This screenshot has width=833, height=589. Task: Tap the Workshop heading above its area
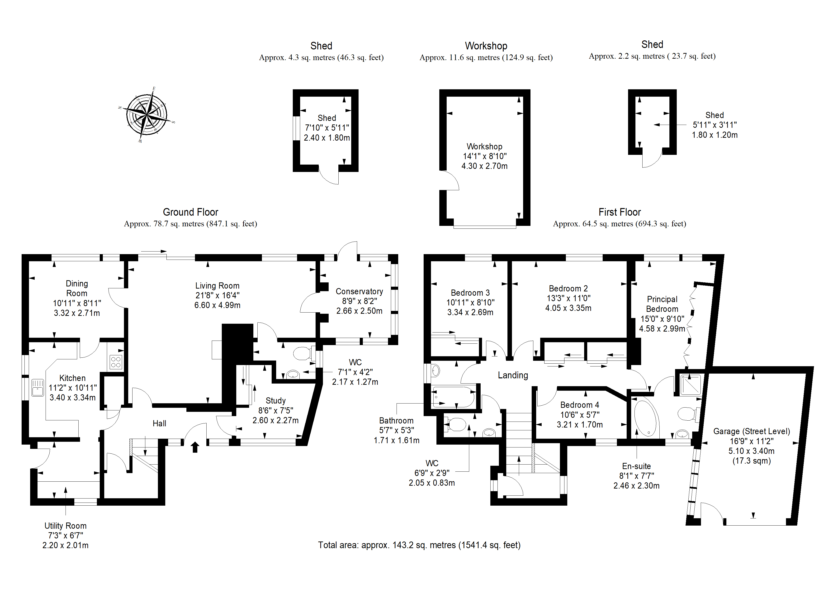coord(486,46)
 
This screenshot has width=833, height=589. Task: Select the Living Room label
coord(217,286)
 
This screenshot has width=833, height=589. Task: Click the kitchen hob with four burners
coord(116,362)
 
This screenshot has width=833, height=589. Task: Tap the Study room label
coord(276,401)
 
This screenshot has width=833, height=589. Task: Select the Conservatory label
coord(359,291)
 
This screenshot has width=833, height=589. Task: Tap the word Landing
coord(513,375)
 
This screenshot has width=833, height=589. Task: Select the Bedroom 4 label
coord(580,405)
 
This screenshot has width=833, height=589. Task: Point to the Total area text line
coord(419,545)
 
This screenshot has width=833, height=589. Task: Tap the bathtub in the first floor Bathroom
coord(454,397)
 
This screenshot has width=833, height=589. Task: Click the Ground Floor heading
coord(190,212)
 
